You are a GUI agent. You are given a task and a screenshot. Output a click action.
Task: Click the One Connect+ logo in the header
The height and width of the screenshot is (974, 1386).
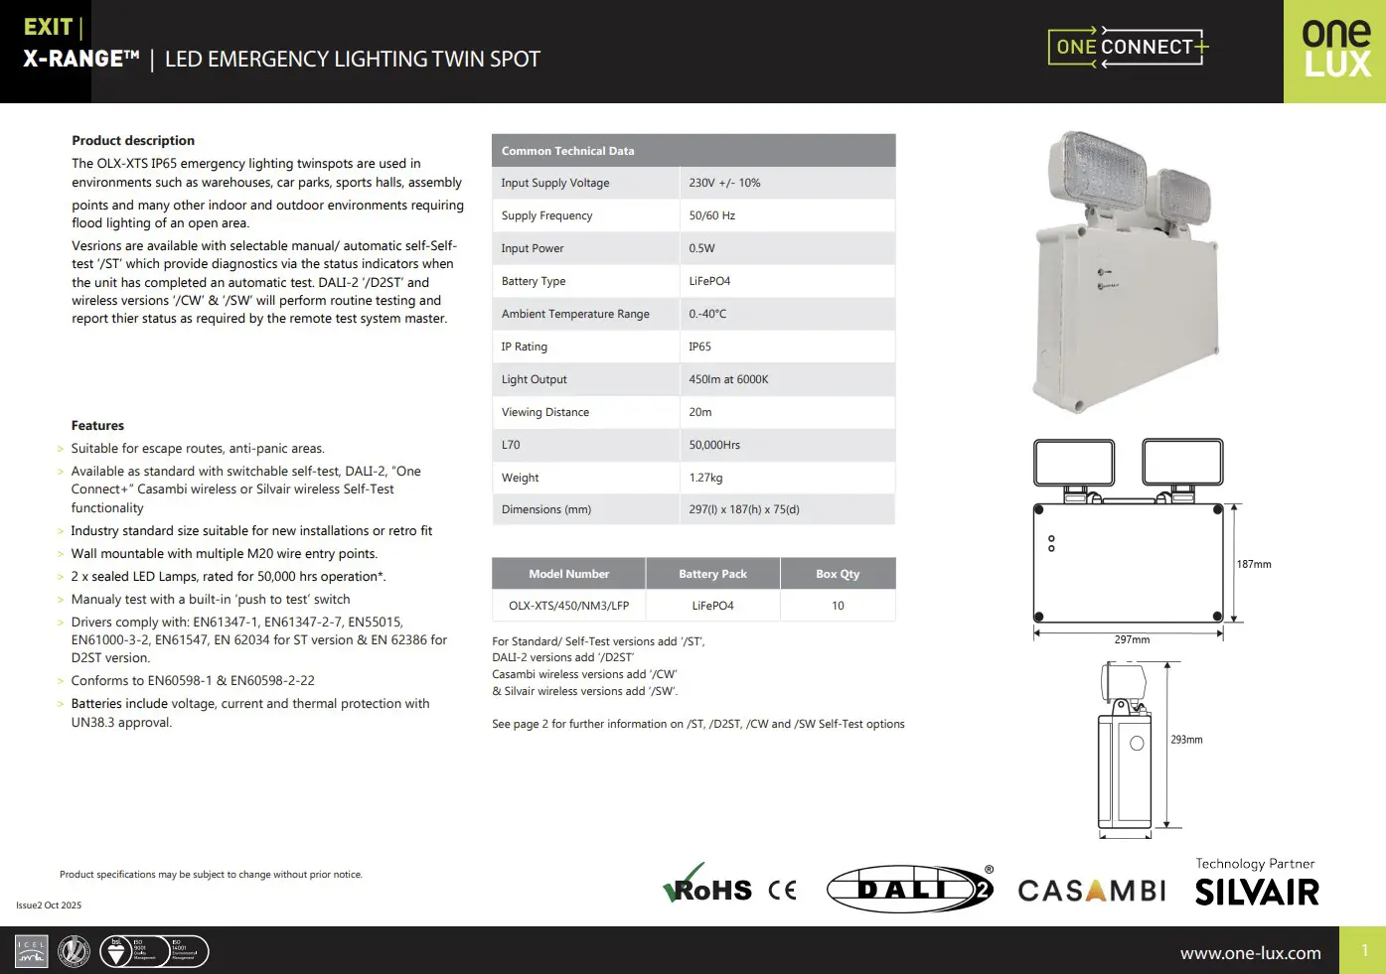[1128, 47]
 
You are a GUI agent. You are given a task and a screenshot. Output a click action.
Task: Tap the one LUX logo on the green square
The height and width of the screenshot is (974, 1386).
[1335, 50]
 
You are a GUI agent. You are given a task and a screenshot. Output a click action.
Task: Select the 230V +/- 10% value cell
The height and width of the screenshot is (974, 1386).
[724, 183]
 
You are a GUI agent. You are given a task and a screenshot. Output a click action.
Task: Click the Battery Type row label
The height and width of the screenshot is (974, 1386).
[534, 281]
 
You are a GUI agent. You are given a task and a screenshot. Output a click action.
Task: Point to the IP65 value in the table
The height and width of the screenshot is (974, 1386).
[700, 347]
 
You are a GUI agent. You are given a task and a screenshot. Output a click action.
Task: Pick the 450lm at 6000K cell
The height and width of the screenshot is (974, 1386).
[728, 379]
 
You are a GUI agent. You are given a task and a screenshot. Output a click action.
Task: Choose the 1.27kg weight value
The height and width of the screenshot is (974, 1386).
[705, 478]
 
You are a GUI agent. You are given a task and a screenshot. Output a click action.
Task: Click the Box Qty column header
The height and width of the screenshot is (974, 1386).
[838, 574]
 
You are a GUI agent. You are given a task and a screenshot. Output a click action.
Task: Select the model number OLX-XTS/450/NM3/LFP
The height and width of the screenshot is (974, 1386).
[568, 606]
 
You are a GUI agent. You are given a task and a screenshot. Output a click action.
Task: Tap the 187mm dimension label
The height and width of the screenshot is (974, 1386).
[1254, 564]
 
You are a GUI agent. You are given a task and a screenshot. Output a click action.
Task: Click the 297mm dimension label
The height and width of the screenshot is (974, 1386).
[1132, 639]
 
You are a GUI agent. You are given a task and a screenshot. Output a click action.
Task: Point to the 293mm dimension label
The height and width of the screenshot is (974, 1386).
[1186, 740]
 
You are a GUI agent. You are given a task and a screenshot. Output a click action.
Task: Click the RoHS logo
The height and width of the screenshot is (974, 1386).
[707, 887]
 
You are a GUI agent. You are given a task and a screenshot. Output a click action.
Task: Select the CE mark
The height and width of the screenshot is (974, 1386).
[782, 890]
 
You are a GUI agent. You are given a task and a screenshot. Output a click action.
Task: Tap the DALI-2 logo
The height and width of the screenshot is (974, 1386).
[909, 889]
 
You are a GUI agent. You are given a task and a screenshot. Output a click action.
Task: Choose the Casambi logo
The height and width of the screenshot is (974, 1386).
[1091, 891]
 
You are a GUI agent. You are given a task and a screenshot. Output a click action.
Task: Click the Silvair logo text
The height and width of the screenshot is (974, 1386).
[1257, 893]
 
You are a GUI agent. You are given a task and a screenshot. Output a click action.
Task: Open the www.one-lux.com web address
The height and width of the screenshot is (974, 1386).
[1250, 953]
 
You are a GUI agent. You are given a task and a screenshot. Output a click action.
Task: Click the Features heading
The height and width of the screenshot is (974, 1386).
[97, 426]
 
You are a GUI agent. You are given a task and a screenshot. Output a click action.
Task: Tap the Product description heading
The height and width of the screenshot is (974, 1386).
[133, 141]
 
